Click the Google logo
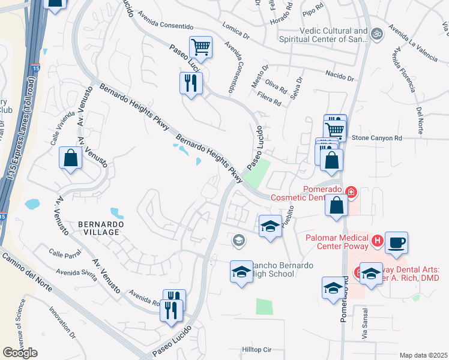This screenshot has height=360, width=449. pyautogui.click(x=20, y=353)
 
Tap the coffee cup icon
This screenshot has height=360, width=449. pyautogui.click(x=396, y=244)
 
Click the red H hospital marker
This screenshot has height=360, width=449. pyautogui.click(x=378, y=241)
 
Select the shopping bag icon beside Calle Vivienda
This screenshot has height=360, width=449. pyautogui.click(x=71, y=158)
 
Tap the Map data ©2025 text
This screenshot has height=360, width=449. pyautogui.click(x=423, y=355)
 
